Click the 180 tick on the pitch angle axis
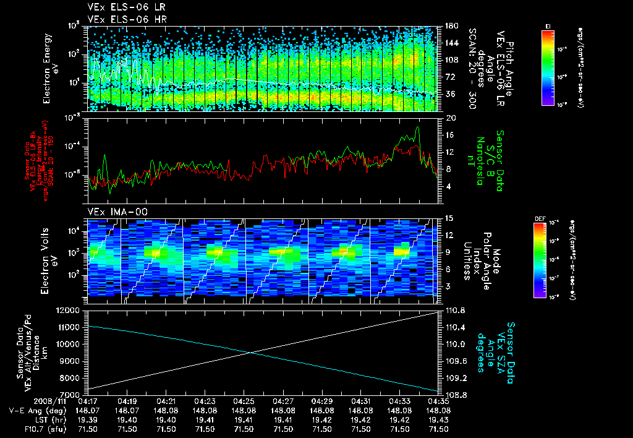coord(451,26)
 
